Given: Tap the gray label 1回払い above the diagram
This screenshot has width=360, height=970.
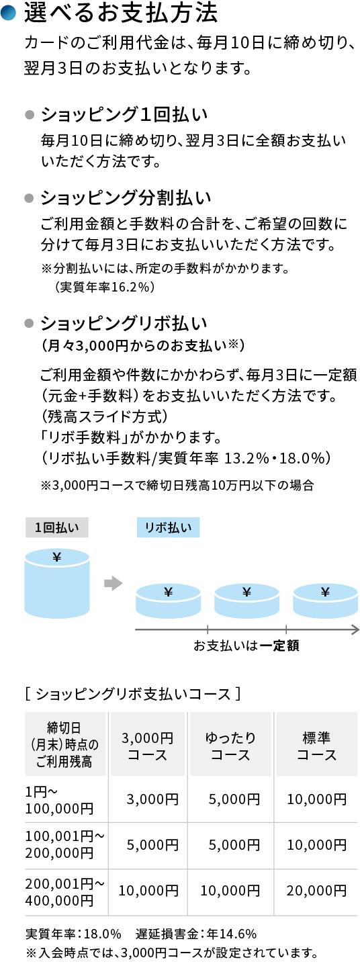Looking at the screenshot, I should click(57, 527).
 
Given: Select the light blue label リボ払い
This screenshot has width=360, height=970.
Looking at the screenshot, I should click(168, 527).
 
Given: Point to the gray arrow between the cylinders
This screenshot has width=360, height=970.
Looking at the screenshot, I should click(113, 583).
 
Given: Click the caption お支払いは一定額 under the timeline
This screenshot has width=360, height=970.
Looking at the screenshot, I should click(246, 646).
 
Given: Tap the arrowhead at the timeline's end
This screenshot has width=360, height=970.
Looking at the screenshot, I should click(354, 629).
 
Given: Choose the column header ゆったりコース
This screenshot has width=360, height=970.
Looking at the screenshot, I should click(230, 746).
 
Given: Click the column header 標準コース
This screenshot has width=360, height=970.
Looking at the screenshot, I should click(316, 746).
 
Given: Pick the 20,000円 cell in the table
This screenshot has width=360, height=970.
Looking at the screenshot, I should click(316, 891).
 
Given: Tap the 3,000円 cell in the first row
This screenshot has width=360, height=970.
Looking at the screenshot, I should click(152, 799).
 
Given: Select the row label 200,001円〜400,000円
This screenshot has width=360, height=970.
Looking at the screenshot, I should click(64, 891).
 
